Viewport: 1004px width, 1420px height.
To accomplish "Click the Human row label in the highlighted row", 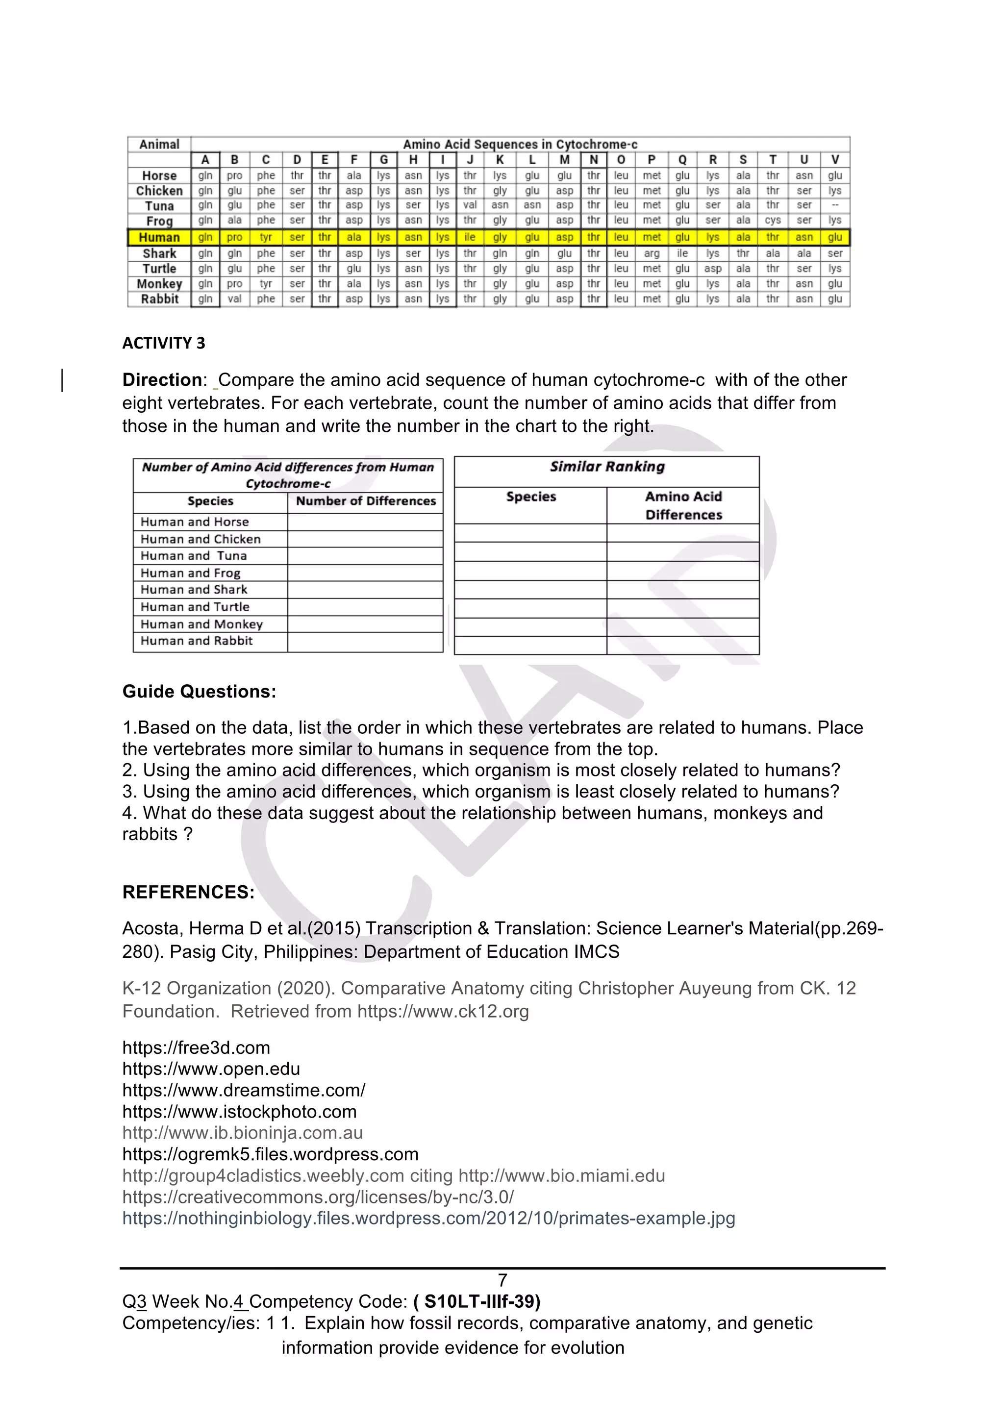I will coord(159,238).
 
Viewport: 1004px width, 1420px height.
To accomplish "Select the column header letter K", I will coord(500,160).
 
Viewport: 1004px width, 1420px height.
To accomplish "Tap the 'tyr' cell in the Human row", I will coord(266,238).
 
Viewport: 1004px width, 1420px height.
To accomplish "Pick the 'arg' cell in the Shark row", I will coord(652,253).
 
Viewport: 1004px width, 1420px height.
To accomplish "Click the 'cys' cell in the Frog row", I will coord(773,220).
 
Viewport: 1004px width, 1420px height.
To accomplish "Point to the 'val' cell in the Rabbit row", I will coord(234,299).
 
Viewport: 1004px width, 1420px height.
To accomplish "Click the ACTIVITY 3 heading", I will coord(163,343).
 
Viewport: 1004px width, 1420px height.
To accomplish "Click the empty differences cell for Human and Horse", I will coord(365,522).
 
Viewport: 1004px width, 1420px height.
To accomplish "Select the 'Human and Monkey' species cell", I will coord(201,624).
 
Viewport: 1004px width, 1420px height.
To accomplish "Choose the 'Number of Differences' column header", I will coord(366,501).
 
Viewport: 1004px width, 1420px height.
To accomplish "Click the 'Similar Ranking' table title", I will coord(607,467).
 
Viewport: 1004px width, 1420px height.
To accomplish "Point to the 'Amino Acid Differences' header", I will coord(683,505).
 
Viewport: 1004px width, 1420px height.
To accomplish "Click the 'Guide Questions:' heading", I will coord(199,692).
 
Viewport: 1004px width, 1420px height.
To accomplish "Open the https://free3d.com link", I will coord(196,1047).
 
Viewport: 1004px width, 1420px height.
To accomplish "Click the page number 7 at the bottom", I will coord(502,1280).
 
